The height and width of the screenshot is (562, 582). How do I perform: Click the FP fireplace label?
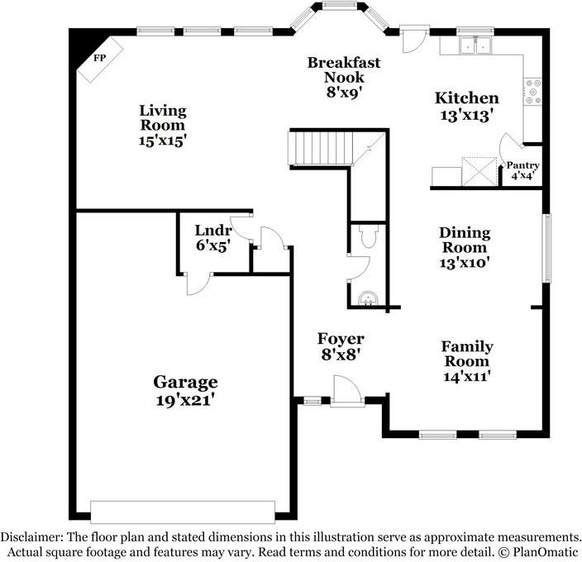tap(100, 60)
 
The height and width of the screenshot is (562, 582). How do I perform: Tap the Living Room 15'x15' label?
tap(162, 125)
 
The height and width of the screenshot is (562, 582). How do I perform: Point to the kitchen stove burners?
tap(533, 92)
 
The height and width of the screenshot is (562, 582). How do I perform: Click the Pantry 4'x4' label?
tap(522, 170)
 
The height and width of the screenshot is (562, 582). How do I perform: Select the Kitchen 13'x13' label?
tap(466, 107)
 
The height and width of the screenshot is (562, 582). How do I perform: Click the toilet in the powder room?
tap(370, 239)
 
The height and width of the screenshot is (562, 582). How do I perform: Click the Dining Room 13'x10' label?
tap(464, 248)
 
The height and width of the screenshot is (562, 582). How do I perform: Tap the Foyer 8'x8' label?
tap(341, 346)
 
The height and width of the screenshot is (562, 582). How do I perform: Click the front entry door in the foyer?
tap(345, 392)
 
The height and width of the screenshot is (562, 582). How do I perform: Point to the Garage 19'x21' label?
tap(185, 390)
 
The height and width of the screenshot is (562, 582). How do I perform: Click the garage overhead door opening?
tap(182, 512)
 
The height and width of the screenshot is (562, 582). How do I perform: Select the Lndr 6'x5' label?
tap(212, 237)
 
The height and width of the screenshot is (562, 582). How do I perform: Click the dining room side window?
tap(546, 247)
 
